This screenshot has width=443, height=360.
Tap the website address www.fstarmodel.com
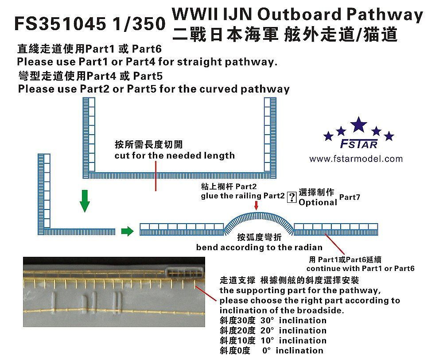click(356, 159)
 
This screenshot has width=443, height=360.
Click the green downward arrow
click(85, 204)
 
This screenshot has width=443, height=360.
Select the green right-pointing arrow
click(127, 231)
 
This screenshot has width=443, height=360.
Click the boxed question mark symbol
click(291, 197)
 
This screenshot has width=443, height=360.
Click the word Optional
click(318, 202)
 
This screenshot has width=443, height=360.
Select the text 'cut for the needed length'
click(175, 155)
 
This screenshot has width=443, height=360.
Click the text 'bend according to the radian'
click(259, 248)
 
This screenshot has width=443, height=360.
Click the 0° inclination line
click(271, 350)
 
